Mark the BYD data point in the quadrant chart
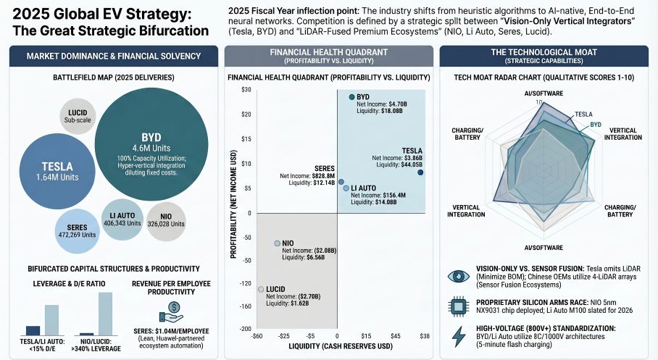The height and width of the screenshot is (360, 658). tap(352, 96)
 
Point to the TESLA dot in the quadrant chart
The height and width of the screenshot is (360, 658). tap(420, 172)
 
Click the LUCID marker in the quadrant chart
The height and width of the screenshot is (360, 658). tap(261, 289)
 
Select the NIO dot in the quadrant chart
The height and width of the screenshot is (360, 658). tap(277, 243)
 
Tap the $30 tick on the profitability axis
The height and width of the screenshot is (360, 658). tap(246, 89)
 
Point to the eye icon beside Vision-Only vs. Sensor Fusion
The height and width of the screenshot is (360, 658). tap(459, 276)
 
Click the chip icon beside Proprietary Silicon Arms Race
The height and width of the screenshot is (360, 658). tap(459, 306)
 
